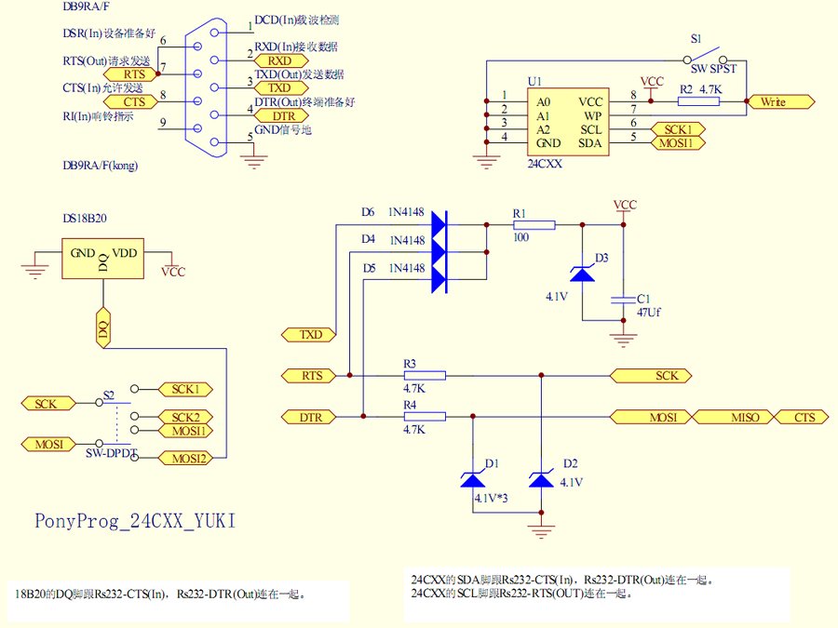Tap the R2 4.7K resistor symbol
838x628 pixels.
pyautogui.click(x=698, y=100)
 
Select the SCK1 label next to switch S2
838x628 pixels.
pyautogui.click(x=185, y=388)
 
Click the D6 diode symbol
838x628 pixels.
pyautogui.click(x=439, y=224)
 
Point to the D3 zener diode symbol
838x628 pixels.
pyautogui.click(x=582, y=273)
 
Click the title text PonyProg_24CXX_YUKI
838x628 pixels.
pyautogui.click(x=136, y=521)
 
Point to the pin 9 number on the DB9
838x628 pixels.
pyautogui.click(x=164, y=122)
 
